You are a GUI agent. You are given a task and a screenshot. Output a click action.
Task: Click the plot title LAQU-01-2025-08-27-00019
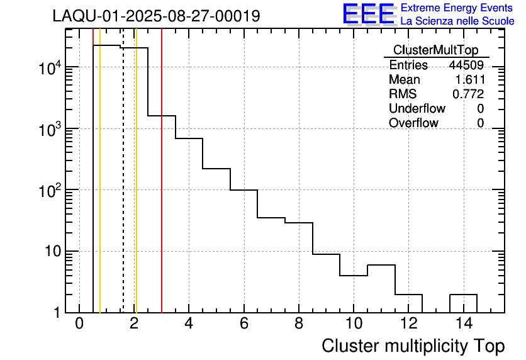click(x=156, y=16)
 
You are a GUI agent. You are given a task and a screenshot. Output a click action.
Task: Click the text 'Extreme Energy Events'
click(x=457, y=8)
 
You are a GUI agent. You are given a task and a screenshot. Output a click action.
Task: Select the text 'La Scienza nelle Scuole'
click(x=457, y=21)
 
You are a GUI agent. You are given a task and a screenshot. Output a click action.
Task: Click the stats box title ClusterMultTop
click(x=435, y=50)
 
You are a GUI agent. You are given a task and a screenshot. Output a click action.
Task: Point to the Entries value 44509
click(x=466, y=65)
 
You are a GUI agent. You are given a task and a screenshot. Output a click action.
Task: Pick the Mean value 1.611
click(x=469, y=80)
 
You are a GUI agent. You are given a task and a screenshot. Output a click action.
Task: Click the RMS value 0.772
click(x=468, y=94)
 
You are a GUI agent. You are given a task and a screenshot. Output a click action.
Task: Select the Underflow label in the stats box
click(x=417, y=109)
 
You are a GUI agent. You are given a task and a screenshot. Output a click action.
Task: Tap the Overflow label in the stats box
click(x=413, y=123)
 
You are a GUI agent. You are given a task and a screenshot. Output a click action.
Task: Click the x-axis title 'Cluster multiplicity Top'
click(x=413, y=346)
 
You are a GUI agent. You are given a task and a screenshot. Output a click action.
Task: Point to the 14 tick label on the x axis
click(x=463, y=325)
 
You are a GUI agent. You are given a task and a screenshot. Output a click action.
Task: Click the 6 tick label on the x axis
click(x=243, y=325)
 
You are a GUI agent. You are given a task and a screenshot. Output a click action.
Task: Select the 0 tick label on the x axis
click(x=79, y=325)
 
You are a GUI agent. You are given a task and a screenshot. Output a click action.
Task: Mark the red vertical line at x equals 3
click(x=162, y=189)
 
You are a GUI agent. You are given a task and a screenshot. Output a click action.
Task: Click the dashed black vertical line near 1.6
click(x=123, y=189)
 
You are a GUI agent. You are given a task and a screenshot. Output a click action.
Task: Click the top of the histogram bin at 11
click(x=381, y=265)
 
